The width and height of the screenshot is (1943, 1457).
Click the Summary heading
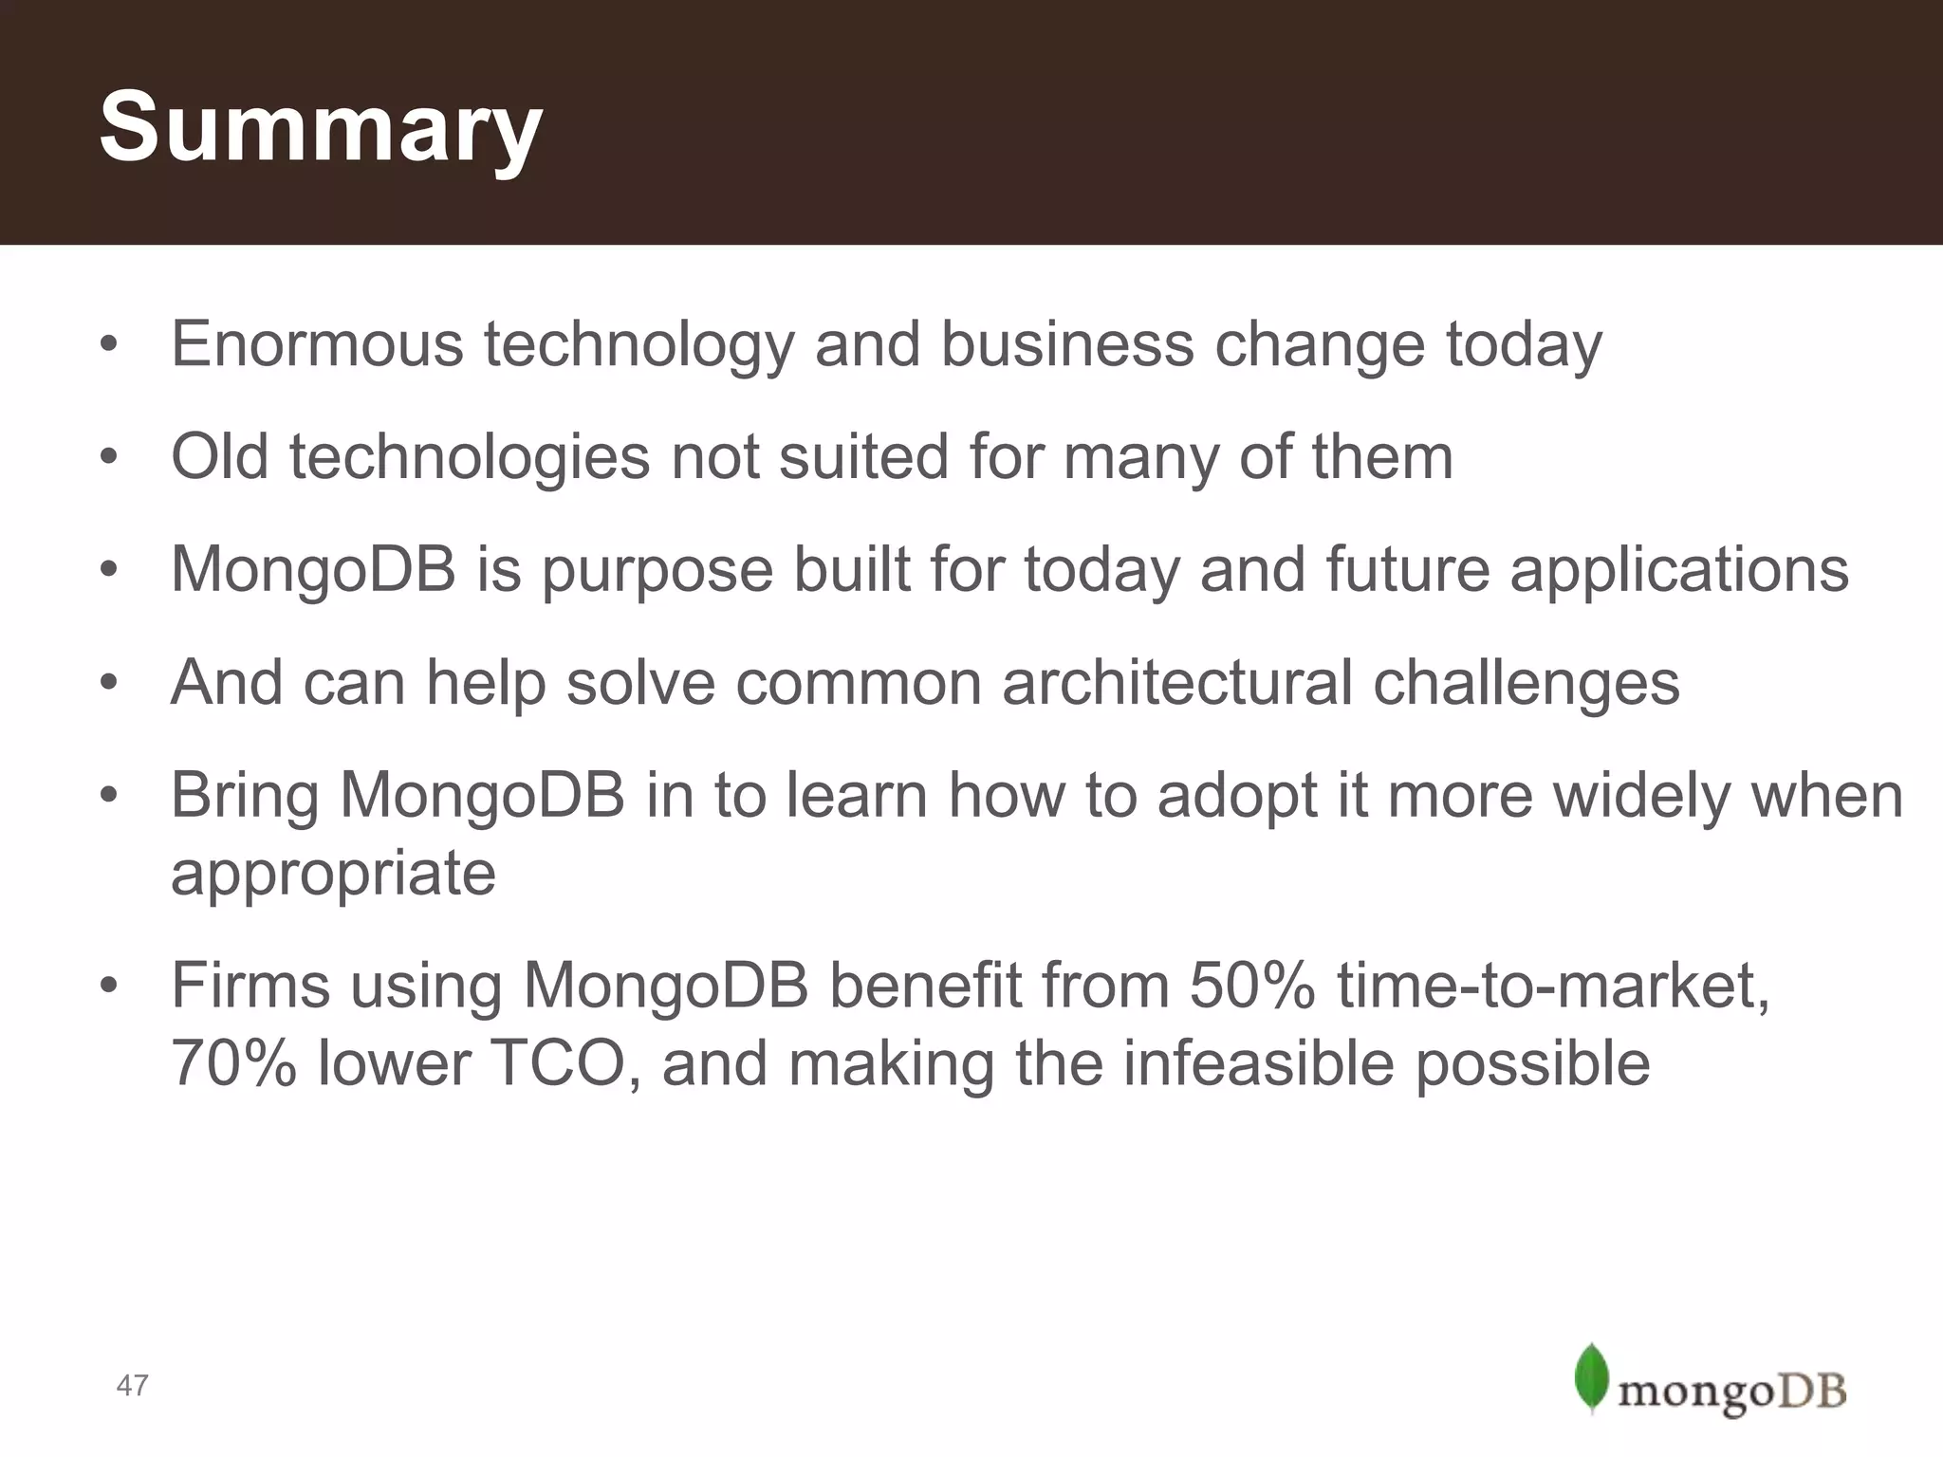tap(321, 128)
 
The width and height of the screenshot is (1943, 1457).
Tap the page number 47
tap(132, 1385)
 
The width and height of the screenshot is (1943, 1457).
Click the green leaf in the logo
tap(1591, 1376)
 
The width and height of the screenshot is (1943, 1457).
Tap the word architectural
tap(1176, 682)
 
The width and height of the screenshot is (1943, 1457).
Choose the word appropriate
tap(333, 873)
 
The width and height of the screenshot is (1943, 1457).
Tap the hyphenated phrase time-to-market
tap(1553, 986)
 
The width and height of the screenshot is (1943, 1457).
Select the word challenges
tap(1527, 682)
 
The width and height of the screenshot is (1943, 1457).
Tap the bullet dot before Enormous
tap(109, 346)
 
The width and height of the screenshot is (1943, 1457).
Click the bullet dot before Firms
tap(109, 987)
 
